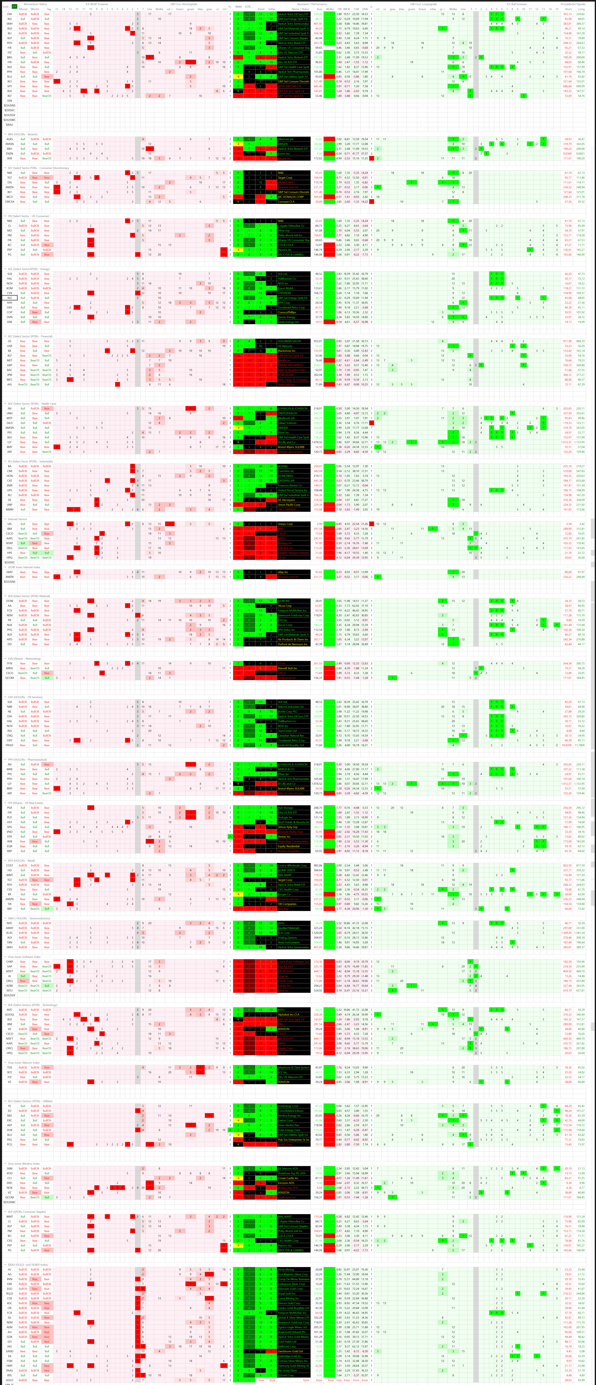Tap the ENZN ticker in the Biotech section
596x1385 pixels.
pos(10,153)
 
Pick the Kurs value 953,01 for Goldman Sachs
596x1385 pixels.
pos(318,341)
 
